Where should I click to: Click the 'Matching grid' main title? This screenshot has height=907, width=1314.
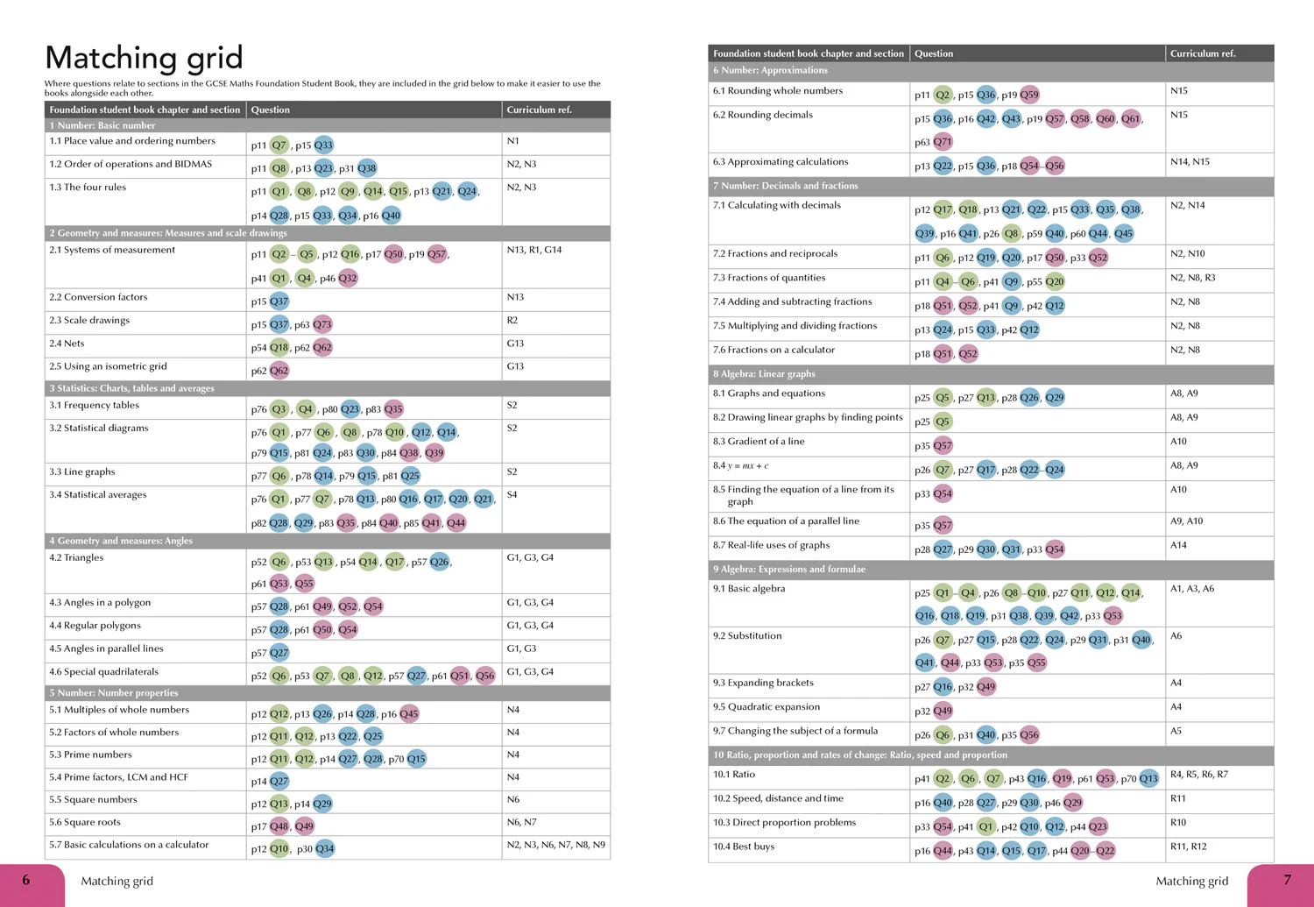tap(144, 58)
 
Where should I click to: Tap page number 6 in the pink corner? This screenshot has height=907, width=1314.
tap(25, 880)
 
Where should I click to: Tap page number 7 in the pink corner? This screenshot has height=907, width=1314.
tap(1287, 880)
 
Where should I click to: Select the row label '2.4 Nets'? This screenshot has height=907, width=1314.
tap(67, 344)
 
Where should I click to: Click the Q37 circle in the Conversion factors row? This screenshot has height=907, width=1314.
tap(279, 301)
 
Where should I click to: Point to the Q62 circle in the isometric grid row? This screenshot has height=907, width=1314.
tap(279, 371)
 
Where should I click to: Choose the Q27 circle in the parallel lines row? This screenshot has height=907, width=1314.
tap(279, 652)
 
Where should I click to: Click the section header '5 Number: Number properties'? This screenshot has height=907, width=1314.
tap(114, 693)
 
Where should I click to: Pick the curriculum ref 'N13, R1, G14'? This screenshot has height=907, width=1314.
tap(533, 250)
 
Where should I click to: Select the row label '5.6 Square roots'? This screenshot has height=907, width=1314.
tap(85, 822)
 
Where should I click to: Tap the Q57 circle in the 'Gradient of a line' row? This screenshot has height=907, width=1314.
tap(943, 446)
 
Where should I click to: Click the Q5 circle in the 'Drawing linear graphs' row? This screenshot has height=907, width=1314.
tap(943, 422)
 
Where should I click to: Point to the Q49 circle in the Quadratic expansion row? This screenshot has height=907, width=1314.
tap(943, 711)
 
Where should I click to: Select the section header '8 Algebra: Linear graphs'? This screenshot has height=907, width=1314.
tap(764, 373)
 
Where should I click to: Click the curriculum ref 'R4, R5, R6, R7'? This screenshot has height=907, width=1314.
tap(1199, 775)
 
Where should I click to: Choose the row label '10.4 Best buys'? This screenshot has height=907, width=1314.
tap(744, 847)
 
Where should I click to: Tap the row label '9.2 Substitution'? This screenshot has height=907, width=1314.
tap(747, 636)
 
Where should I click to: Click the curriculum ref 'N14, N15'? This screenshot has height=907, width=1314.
tap(1190, 161)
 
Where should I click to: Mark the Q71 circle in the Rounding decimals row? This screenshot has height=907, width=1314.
tap(943, 142)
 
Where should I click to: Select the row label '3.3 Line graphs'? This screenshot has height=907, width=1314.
tap(82, 471)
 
